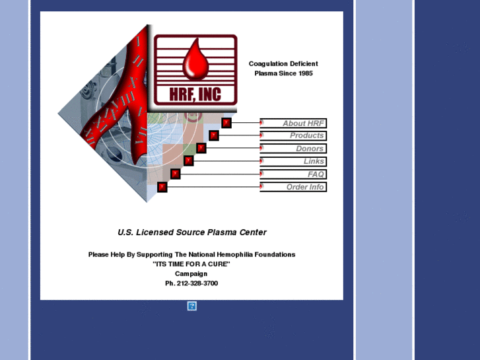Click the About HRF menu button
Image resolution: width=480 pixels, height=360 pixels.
point(293,123)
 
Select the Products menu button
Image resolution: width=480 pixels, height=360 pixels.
point(293,135)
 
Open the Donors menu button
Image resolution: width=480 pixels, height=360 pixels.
point(293,149)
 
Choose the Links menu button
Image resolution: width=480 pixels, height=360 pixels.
point(293,161)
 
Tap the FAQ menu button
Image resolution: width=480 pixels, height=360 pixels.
point(293,174)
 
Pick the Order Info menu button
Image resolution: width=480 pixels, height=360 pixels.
point(293,187)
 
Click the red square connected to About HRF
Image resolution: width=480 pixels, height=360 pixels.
point(226,123)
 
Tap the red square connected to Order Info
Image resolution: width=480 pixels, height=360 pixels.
point(162,187)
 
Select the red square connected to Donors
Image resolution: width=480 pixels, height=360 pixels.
point(201,148)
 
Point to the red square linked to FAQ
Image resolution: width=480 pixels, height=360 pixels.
point(176,174)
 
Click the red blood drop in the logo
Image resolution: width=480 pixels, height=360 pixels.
point(195,58)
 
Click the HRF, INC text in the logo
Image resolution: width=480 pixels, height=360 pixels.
point(195,94)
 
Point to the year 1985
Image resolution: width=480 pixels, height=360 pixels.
point(306,73)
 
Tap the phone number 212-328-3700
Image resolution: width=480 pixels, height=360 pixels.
point(197,283)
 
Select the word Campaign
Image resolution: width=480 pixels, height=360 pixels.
point(191,273)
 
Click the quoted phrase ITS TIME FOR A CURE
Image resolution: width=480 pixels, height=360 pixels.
point(191,264)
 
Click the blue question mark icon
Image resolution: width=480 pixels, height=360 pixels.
point(192,306)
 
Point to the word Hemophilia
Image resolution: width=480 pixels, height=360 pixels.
point(235,254)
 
